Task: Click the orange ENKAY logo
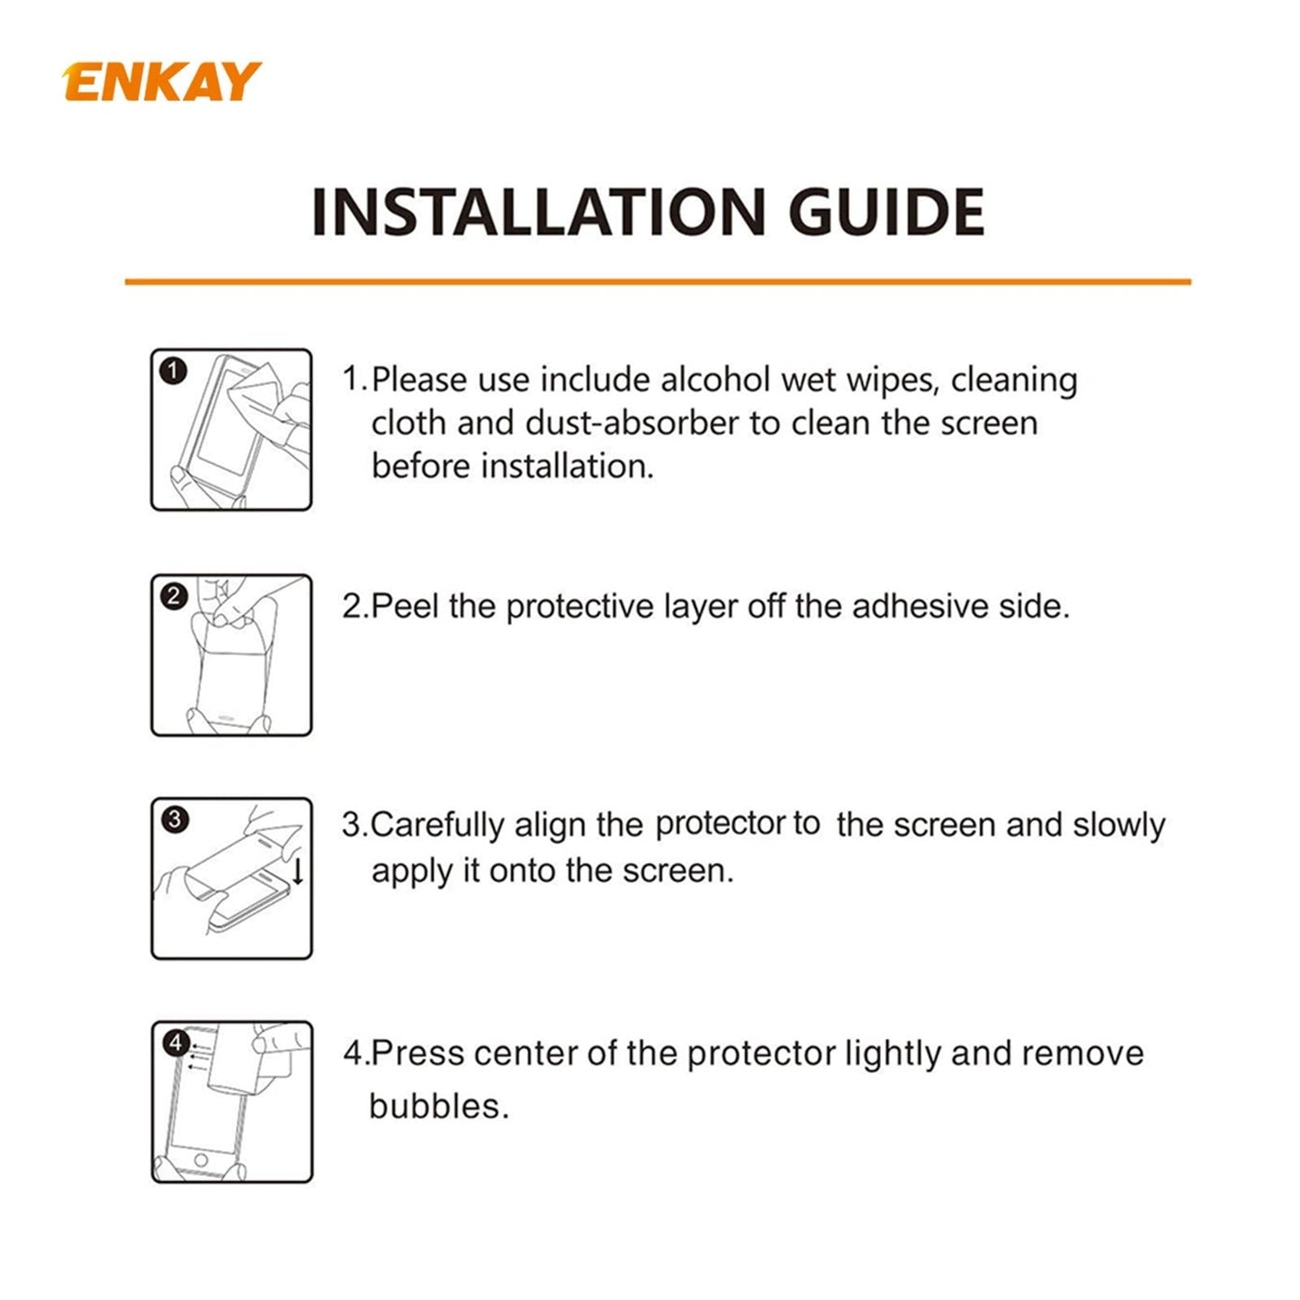(x=162, y=82)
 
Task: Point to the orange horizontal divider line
(x=657, y=282)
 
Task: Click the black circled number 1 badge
(x=174, y=371)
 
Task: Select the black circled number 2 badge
(x=174, y=596)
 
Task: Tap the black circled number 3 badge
(x=175, y=820)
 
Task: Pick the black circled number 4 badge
(x=175, y=1043)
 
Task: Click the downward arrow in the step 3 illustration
(x=298, y=871)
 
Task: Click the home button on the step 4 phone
(x=201, y=1160)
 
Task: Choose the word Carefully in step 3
(x=437, y=826)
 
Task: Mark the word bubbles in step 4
(x=438, y=1107)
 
